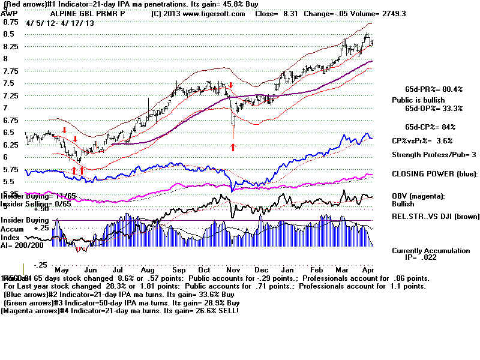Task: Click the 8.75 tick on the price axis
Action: coord(11,22)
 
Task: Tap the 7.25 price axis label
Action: coord(11,96)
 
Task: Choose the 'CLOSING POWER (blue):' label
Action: coord(434,174)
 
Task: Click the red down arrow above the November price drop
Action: coord(230,86)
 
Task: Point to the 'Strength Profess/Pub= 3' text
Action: coord(434,155)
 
